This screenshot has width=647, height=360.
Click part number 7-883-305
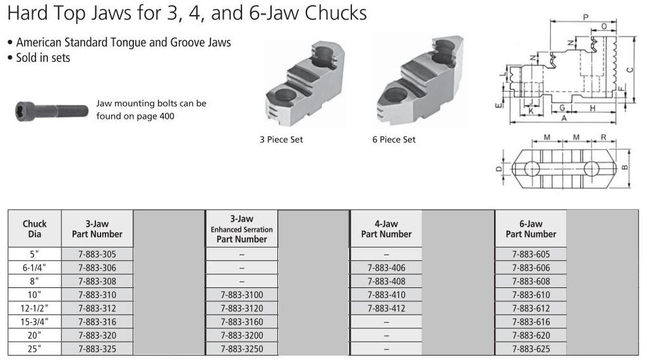point(97,254)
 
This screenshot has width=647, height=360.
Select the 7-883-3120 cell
point(242,308)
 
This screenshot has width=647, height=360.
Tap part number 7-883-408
point(386,281)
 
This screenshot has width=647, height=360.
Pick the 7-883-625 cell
point(531,349)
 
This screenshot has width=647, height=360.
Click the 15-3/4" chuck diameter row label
point(34,321)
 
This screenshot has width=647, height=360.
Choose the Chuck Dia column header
point(35,229)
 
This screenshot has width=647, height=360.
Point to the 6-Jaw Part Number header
point(531,229)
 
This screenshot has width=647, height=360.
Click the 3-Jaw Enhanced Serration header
point(242,229)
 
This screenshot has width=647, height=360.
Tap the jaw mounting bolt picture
point(52,111)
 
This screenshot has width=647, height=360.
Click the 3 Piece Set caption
point(281,140)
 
